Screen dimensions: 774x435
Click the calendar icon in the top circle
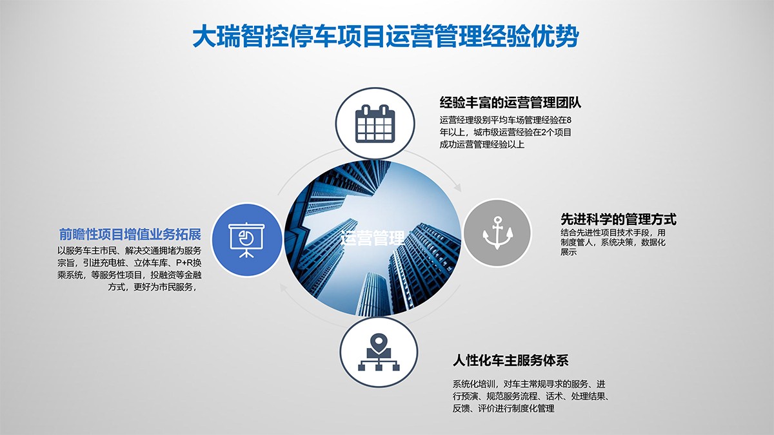[375, 124]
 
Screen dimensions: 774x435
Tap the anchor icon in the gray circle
[497, 233]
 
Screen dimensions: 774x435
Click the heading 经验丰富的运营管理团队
[510, 102]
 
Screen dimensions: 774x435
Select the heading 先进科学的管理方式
[618, 219]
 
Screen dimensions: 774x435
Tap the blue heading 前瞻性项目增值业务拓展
[130, 235]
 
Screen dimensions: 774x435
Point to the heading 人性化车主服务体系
[510, 361]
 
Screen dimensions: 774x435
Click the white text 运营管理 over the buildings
[373, 238]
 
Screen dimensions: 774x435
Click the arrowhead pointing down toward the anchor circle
[458, 188]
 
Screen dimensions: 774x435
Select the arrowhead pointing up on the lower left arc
[284, 288]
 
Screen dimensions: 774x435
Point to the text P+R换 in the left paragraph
[188, 263]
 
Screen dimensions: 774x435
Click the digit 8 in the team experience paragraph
[569, 120]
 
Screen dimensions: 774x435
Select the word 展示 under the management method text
[569, 252]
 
